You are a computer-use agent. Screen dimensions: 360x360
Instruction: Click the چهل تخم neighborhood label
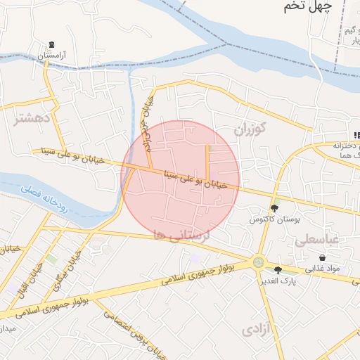[307, 7]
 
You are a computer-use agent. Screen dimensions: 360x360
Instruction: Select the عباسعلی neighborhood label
[316, 240]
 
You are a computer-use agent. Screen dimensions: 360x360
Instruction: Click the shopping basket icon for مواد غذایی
[322, 258]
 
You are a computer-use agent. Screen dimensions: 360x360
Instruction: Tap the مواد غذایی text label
[322, 269]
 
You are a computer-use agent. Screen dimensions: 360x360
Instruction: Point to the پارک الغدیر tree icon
[278, 270]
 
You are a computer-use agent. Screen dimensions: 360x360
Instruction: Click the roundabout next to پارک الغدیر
[259, 263]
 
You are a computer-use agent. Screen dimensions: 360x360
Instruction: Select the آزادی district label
[257, 329]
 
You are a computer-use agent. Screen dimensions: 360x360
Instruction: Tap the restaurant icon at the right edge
[356, 135]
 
